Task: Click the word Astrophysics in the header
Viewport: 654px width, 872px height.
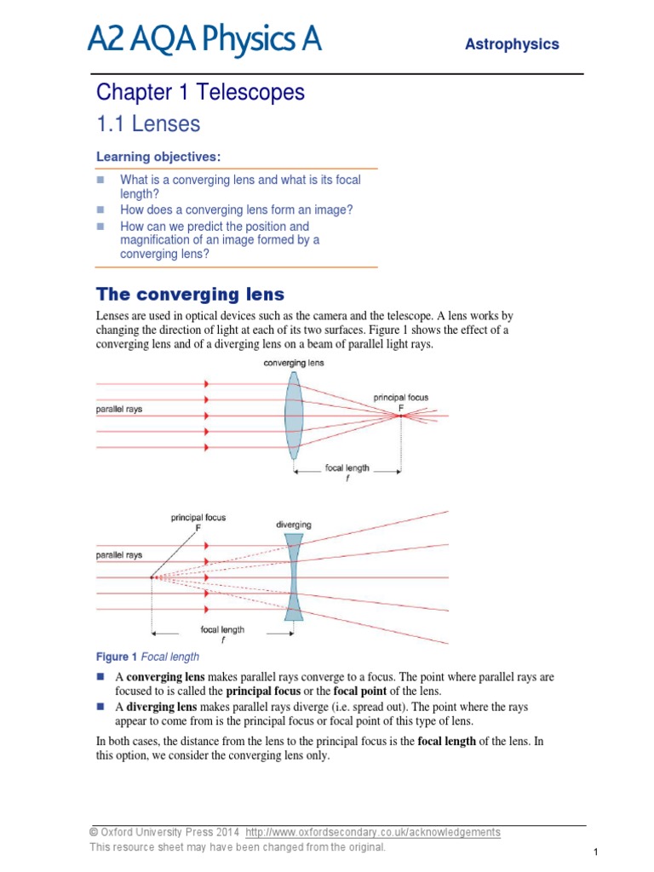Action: [512, 44]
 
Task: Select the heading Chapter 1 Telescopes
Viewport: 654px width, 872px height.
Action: [200, 92]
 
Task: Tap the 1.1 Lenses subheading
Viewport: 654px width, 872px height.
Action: [148, 124]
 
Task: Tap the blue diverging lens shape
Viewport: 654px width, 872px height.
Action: [294, 577]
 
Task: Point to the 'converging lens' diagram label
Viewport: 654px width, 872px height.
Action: [294, 363]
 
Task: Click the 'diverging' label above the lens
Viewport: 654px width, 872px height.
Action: [294, 525]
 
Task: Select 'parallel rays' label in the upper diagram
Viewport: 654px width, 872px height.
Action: [118, 409]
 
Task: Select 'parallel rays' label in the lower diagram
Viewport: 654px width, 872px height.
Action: [118, 554]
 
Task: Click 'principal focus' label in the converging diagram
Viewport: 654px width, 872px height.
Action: [400, 397]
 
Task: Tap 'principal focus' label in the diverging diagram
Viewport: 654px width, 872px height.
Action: [198, 517]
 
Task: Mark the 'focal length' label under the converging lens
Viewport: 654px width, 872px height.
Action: [347, 468]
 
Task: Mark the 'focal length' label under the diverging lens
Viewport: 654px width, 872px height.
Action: [222, 630]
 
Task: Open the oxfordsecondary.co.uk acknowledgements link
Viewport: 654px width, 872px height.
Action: [373, 832]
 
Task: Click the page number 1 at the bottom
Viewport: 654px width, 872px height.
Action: [597, 852]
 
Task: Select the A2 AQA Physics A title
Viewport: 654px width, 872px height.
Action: [204, 38]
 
